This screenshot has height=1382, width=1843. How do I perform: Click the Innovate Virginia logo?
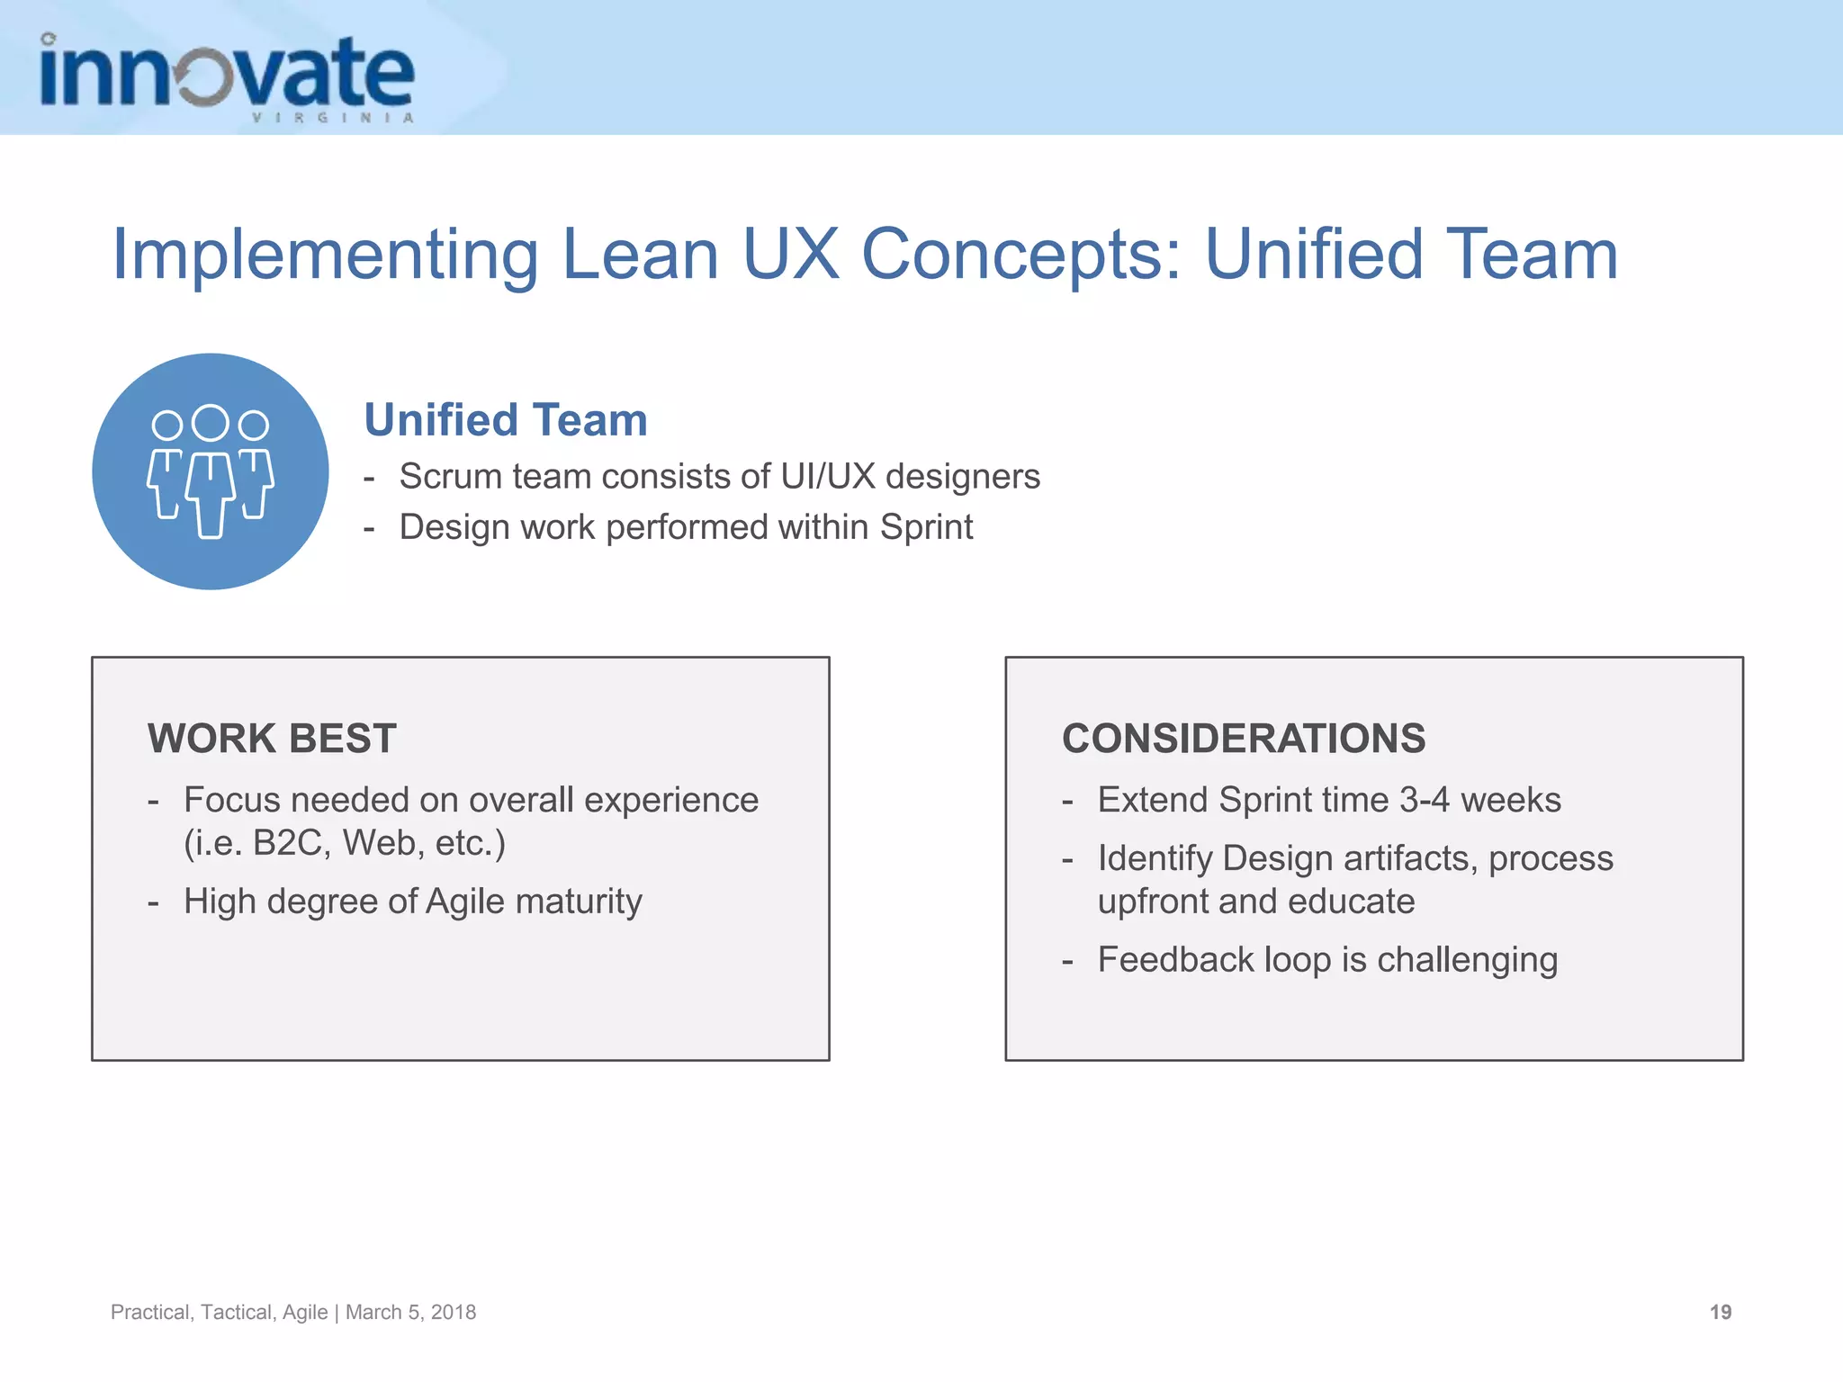click(227, 77)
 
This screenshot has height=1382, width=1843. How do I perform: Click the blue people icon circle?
click(211, 471)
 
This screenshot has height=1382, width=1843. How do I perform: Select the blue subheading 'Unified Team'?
click(506, 420)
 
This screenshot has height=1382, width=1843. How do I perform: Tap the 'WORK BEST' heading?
click(272, 739)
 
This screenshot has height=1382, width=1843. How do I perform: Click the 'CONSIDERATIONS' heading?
click(1244, 739)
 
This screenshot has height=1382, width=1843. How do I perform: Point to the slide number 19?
click(1720, 1312)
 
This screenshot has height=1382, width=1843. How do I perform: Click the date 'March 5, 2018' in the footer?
click(411, 1312)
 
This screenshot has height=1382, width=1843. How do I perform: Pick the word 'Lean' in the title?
click(640, 255)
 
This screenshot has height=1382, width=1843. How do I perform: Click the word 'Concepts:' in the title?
click(1021, 255)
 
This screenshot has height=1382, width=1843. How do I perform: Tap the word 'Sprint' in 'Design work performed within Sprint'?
click(926, 527)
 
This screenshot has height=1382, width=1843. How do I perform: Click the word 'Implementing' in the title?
click(325, 255)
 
